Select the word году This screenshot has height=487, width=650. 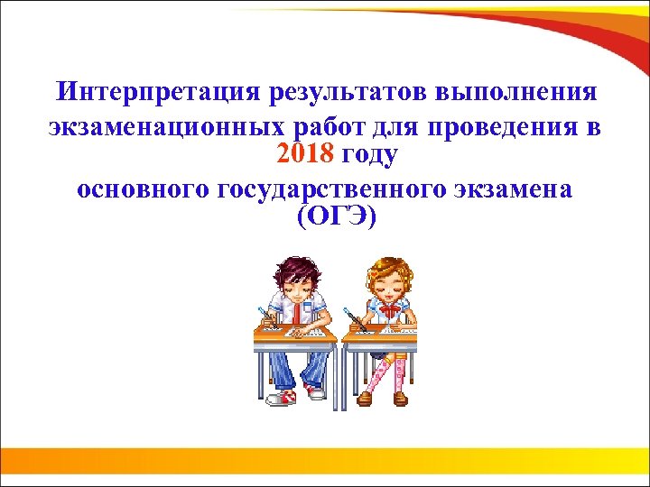point(369,155)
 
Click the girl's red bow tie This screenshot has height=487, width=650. point(389,310)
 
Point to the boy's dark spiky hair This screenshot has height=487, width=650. point(293,268)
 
